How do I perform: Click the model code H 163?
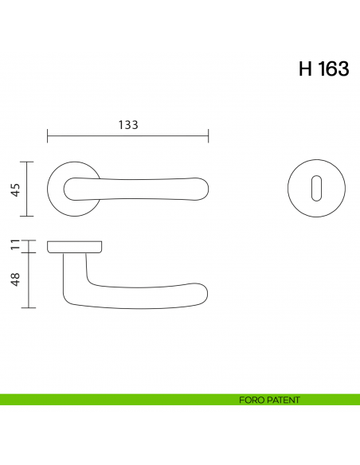coord(323,69)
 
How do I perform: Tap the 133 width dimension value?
coord(128,124)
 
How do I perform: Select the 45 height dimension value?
coord(14,189)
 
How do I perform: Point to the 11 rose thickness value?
coord(14,244)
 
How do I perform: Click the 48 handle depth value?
coord(14,279)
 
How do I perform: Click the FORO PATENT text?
coord(269,400)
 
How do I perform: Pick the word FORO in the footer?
coord(250,400)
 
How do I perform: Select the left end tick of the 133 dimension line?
coord(48,136)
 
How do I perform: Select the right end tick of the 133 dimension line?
coord(208,136)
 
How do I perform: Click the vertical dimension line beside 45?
coord(29,189)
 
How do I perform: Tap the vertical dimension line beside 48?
coord(29,279)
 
